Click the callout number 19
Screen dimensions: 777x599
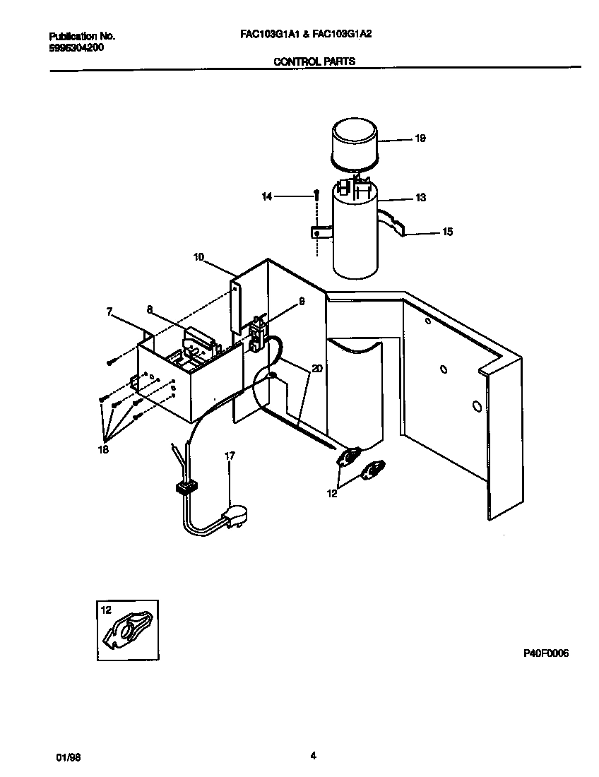[420, 139]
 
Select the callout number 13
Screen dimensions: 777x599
[420, 198]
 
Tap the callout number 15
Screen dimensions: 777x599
[447, 232]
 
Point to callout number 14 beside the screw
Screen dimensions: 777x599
[266, 197]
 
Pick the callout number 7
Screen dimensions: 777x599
[109, 310]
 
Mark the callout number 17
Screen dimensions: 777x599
[230, 456]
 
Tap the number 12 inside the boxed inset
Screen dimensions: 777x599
[107, 610]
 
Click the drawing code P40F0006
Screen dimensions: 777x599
[545, 653]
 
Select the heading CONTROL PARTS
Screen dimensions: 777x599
[314, 61]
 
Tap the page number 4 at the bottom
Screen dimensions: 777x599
[312, 756]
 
